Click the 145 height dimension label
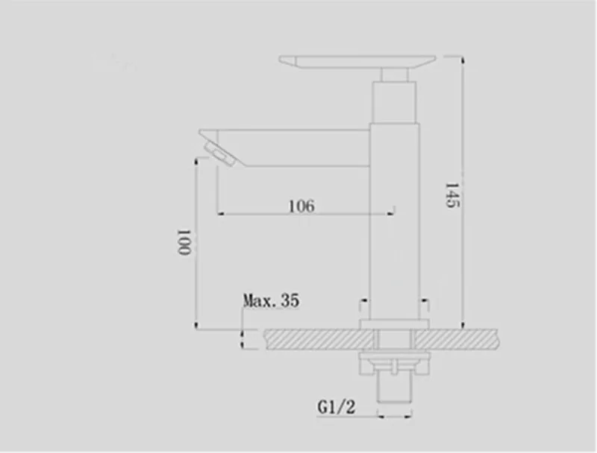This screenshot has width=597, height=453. point(453,195)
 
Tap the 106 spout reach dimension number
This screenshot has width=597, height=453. point(302,206)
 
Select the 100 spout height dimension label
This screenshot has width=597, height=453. point(184,242)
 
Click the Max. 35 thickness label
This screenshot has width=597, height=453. point(271,300)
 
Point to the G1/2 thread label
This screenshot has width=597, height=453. point(337,407)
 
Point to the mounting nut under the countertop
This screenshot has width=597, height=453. point(395,363)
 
